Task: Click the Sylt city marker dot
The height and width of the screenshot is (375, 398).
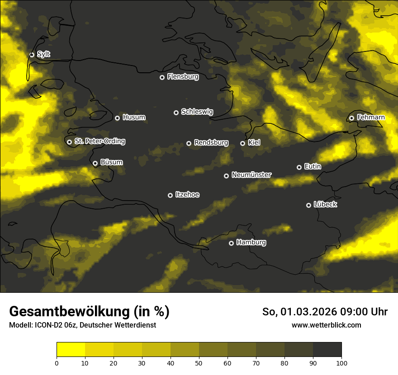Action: pos(32,55)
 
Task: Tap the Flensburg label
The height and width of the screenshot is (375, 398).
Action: pos(183,77)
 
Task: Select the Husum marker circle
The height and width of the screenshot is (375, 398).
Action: pos(117,118)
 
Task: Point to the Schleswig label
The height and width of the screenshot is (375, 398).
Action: pos(197,112)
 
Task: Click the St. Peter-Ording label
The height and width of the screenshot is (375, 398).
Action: pos(99,141)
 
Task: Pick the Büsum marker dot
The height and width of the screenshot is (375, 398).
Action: pos(95,164)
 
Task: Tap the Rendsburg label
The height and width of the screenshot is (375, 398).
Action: pos(211,143)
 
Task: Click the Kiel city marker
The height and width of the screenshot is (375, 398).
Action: pos(242,143)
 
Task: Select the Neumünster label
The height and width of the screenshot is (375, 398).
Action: pos(251,175)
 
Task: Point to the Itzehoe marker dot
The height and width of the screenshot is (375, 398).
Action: pos(170,195)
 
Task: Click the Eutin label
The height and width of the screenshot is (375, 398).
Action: pos(313,167)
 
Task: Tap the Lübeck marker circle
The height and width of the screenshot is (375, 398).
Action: pos(308,205)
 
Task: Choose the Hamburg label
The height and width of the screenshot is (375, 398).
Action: pos(251,243)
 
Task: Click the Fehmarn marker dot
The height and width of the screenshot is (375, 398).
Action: pos(351,118)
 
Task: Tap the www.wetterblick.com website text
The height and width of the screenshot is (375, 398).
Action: pos(326,325)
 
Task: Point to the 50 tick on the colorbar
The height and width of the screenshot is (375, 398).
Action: pos(199,362)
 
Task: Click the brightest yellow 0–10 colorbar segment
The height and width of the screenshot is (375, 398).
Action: pos(71,349)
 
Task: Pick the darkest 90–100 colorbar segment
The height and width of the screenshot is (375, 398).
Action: pos(327,349)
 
